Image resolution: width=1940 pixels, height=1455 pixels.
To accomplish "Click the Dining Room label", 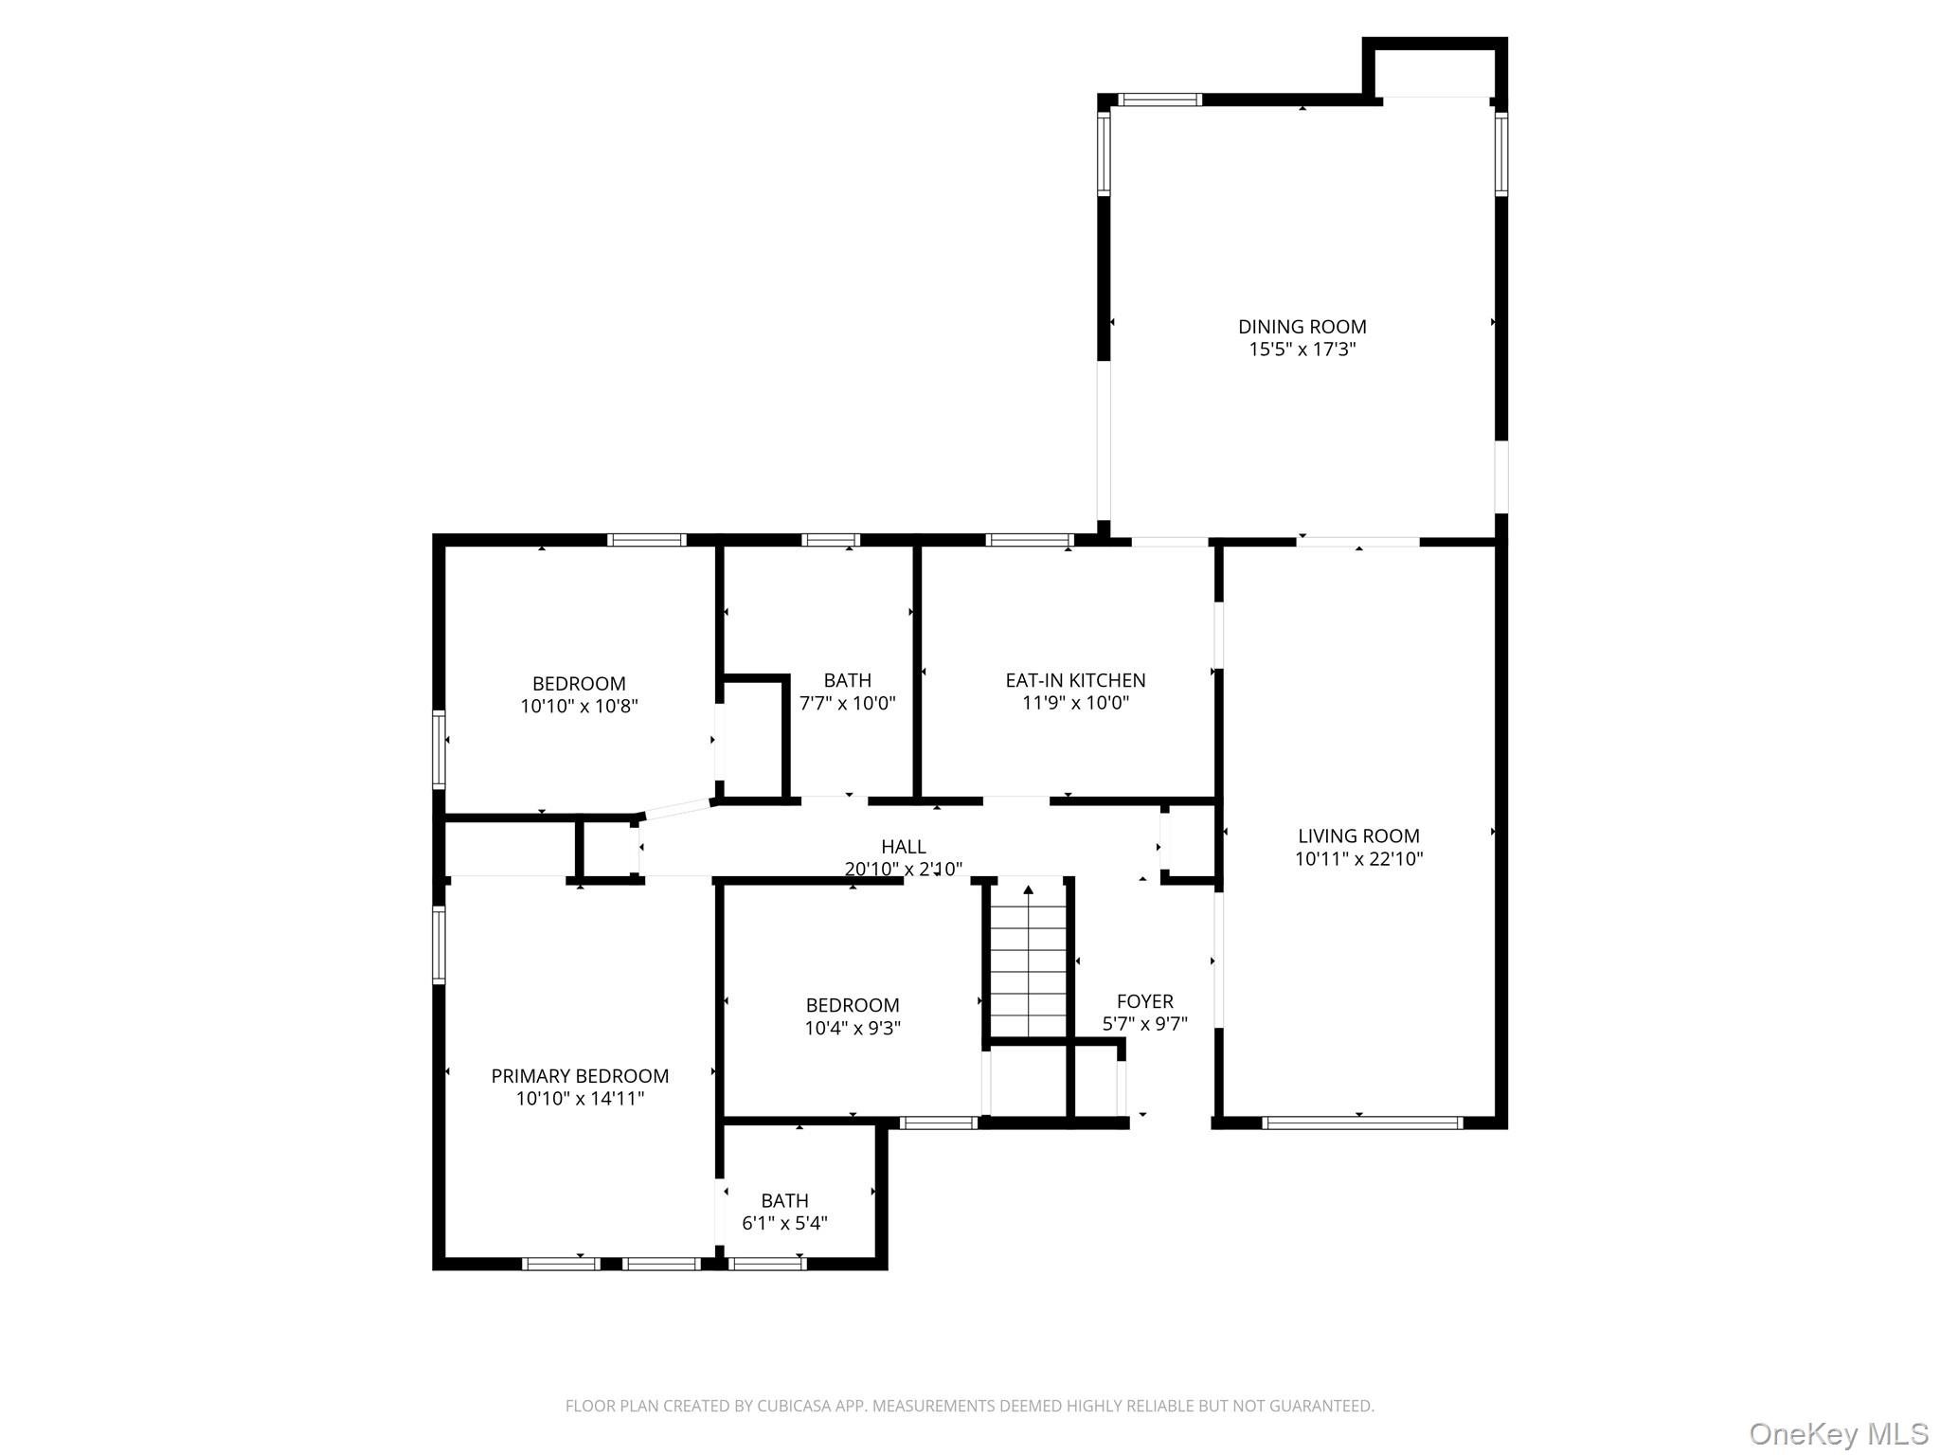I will coord(1302,327).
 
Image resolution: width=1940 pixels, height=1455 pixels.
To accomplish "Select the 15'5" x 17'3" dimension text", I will coord(1302,350).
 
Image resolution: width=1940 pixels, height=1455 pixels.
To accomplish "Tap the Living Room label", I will coord(1358,836).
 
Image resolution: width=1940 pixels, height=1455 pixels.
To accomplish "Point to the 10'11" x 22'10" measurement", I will coord(1358,859).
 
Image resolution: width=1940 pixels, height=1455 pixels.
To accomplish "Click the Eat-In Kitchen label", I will coord(1075,680).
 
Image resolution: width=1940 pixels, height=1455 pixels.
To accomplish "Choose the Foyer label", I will coord(1144,1001).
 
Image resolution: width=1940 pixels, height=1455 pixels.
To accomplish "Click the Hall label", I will coord(903,847).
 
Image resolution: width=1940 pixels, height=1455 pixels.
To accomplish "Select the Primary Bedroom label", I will coord(580,1076).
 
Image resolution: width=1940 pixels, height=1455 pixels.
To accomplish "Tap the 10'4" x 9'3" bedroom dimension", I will coord(853,1028).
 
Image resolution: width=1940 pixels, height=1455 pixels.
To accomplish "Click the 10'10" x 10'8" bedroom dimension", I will coord(579,707).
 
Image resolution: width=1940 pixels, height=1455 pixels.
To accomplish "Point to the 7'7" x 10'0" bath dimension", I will coord(847,703).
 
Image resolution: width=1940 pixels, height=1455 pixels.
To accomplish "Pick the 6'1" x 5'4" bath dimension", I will coord(784,1223).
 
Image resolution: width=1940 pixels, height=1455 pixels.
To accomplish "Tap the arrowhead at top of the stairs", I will coord(1028,889).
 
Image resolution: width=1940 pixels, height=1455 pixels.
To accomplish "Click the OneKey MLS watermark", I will coord(1838,1433).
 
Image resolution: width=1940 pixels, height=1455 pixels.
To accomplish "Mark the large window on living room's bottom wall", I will coord(1362,1123).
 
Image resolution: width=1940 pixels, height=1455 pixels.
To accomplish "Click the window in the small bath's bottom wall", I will coord(767,1264).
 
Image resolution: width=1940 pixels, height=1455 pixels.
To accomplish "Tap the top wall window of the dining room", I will coord(1160,99).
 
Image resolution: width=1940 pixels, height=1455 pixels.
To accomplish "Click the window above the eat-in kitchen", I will coord(1029,540).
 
